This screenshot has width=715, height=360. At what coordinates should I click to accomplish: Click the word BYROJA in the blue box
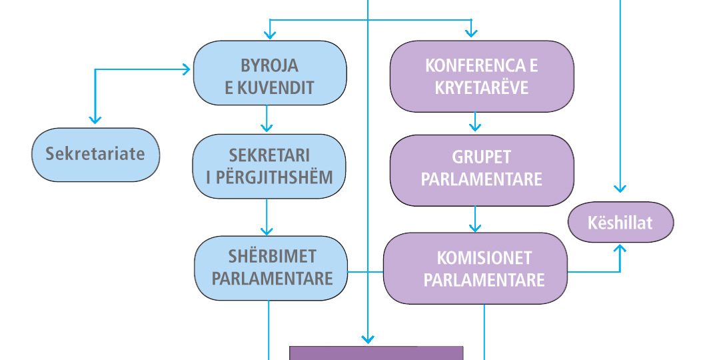[269, 66]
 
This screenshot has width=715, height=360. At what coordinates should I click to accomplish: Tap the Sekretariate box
[95, 154]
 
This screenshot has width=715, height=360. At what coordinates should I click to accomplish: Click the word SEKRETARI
[269, 157]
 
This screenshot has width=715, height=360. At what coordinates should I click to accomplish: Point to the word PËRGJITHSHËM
[269, 178]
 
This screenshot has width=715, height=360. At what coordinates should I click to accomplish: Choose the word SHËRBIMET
[271, 257]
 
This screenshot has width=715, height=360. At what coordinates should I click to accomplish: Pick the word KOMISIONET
[475, 258]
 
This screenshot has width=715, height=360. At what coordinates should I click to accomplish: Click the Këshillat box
[620, 222]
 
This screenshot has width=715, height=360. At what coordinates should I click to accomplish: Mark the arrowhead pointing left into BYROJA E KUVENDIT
[186, 69]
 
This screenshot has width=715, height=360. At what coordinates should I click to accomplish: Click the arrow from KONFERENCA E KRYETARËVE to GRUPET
[474, 121]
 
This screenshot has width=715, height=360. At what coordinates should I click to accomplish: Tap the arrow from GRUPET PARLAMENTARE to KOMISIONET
[474, 219]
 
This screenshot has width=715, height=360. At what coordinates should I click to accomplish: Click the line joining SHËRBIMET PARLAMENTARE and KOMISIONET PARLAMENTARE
[366, 272]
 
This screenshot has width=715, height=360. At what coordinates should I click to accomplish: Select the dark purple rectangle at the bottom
[376, 353]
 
